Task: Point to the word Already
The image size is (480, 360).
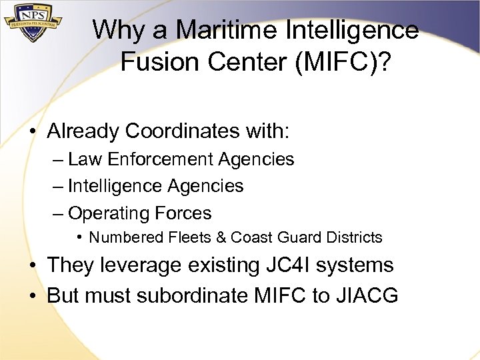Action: tap(82, 131)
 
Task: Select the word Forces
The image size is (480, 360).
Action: tap(183, 213)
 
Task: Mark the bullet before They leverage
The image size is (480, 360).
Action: tap(33, 265)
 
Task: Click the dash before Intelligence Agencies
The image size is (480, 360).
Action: tap(57, 186)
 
